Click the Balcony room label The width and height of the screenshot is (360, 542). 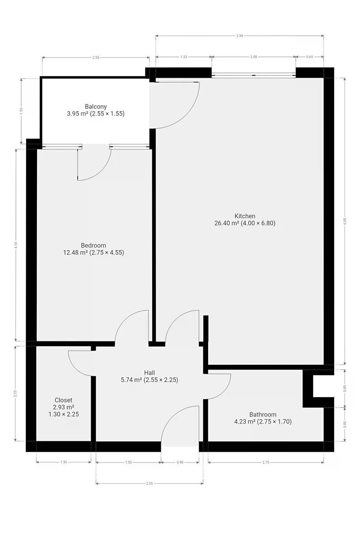pyautogui.click(x=96, y=107)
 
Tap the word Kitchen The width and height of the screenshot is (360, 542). pyautogui.click(x=245, y=216)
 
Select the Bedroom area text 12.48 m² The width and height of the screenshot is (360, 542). pyautogui.click(x=75, y=252)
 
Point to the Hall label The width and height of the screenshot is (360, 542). pyautogui.click(x=150, y=373)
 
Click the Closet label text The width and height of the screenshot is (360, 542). pyautogui.click(x=63, y=400)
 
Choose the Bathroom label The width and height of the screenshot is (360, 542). pyautogui.click(x=263, y=415)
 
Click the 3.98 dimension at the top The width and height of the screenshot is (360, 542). pyautogui.click(x=239, y=36)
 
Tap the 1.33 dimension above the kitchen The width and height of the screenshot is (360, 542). pyautogui.click(x=184, y=57)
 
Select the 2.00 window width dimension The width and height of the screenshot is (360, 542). pyautogui.click(x=253, y=57)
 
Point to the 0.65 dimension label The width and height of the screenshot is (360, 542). pyautogui.click(x=310, y=57)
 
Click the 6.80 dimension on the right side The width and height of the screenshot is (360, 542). pyautogui.click(x=345, y=221)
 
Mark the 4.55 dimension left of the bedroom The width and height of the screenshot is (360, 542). pyautogui.click(x=16, y=245)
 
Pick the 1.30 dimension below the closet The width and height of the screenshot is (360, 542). pyautogui.click(x=63, y=462)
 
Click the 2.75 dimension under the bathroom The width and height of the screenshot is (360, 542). pyautogui.click(x=266, y=462)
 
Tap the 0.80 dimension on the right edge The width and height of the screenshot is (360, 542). pyautogui.click(x=345, y=425)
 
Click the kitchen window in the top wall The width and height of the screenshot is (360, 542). pyautogui.click(x=253, y=75)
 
